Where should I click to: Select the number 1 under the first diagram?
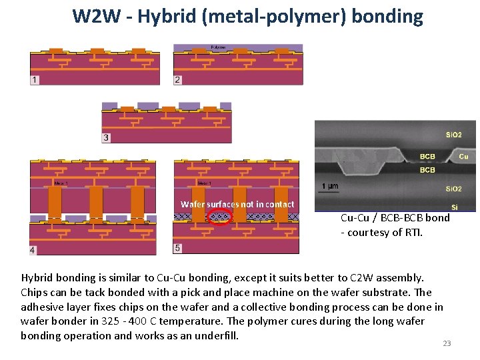[34, 80]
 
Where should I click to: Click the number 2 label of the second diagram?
[177, 80]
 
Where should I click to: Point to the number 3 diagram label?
[106, 138]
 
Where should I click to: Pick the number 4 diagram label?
[33, 250]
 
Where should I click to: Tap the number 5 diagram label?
[177, 248]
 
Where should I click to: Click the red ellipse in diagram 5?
[219, 216]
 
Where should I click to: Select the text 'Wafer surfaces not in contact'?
[237, 204]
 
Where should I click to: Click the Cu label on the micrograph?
[464, 157]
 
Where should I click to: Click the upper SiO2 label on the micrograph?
[453, 135]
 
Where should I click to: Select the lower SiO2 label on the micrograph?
[453, 189]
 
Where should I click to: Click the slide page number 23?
[447, 343]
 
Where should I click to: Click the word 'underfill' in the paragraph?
[215, 335]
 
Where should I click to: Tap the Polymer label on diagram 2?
[218, 48]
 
